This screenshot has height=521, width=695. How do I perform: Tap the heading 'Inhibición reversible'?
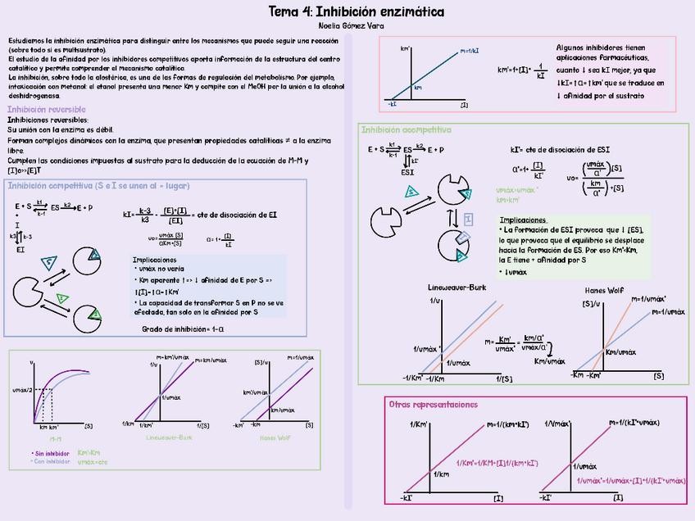(47, 110)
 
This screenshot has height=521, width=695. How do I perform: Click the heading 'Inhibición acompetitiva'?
(406, 129)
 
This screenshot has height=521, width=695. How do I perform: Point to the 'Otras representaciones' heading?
(432, 405)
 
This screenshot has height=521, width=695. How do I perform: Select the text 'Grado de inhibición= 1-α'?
(183, 329)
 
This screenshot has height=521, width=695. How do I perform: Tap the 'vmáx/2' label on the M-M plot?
(22, 391)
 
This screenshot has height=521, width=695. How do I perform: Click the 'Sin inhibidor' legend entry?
(50, 453)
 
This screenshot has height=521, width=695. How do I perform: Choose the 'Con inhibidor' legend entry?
(50, 461)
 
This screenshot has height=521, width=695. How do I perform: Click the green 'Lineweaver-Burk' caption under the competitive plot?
(170, 438)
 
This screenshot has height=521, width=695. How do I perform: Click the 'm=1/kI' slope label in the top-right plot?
(470, 51)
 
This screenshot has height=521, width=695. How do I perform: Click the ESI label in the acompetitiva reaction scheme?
(407, 173)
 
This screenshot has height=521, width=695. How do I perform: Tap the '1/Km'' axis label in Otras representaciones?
(418, 424)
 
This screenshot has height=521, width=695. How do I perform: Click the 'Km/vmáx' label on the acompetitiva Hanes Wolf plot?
(620, 351)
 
